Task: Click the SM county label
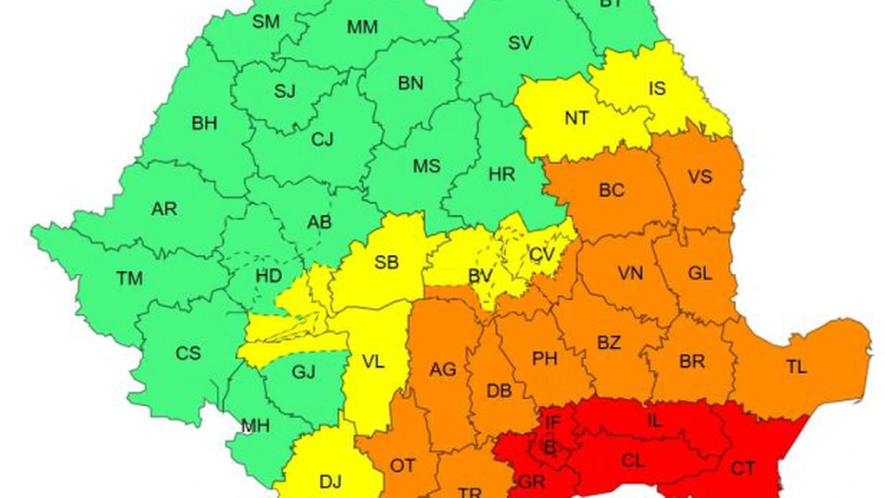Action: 265,21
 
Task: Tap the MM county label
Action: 362,27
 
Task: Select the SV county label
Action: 520,43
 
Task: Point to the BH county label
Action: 204,123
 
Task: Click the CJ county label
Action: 322,139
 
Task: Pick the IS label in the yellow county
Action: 658,88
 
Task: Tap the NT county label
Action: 576,119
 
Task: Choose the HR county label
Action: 501,174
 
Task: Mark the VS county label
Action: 699,177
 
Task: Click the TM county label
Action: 129,278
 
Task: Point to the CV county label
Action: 541,254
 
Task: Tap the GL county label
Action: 699,273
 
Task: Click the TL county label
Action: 796,366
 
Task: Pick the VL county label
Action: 373,363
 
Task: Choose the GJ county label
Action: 303,372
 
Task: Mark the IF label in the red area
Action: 553,423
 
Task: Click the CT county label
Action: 743,469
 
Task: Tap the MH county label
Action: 254,426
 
